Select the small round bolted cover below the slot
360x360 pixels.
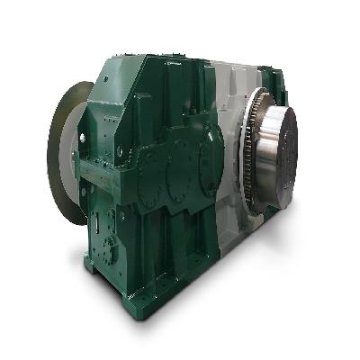coord(111,248)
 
